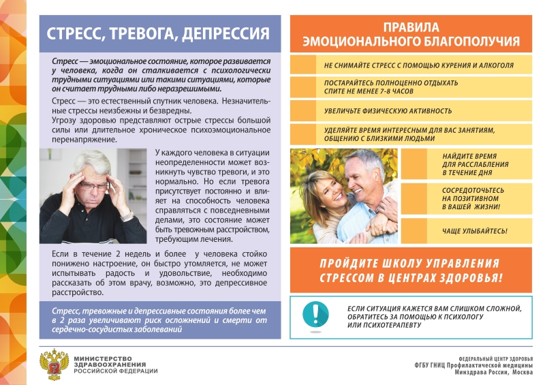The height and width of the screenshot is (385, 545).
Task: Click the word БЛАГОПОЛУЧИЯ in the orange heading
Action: tap(465, 42)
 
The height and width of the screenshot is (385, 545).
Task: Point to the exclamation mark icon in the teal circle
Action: tap(314, 313)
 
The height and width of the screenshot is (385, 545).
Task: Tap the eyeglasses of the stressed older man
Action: tap(94, 185)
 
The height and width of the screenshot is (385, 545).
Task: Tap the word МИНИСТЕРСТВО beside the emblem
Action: tap(101, 357)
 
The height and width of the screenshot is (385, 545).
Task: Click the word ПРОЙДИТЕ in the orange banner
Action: tap(354, 263)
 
